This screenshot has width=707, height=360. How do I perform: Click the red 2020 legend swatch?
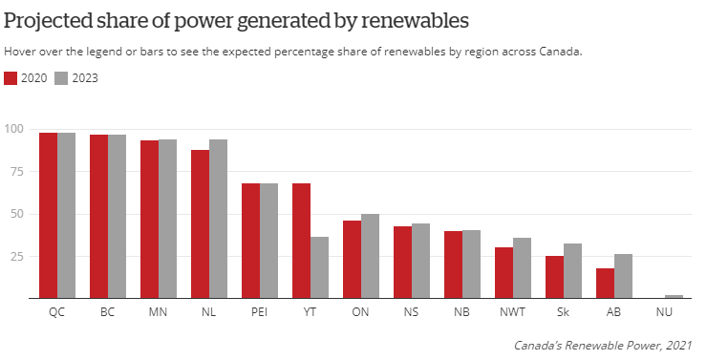pyautogui.click(x=11, y=78)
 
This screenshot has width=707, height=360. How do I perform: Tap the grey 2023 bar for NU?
pyautogui.click(x=674, y=297)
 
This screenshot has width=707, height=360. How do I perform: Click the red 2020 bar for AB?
pyautogui.click(x=605, y=284)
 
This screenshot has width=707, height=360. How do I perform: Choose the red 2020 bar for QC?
pyautogui.click(x=48, y=216)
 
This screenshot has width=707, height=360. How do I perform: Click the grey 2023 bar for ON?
pyautogui.click(x=370, y=256)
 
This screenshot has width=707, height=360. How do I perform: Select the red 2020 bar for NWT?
pyautogui.click(x=503, y=273)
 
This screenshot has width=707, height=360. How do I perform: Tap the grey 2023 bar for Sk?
pyautogui.click(x=572, y=271)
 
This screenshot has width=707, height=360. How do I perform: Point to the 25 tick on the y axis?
pyautogui.click(x=16, y=257)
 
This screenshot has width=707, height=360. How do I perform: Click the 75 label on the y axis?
pyautogui.click(x=16, y=172)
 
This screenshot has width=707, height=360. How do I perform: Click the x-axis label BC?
pyautogui.click(x=108, y=312)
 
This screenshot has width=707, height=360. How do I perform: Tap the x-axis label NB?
pyautogui.click(x=462, y=312)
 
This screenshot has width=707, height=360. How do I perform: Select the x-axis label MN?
pyautogui.click(x=159, y=312)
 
